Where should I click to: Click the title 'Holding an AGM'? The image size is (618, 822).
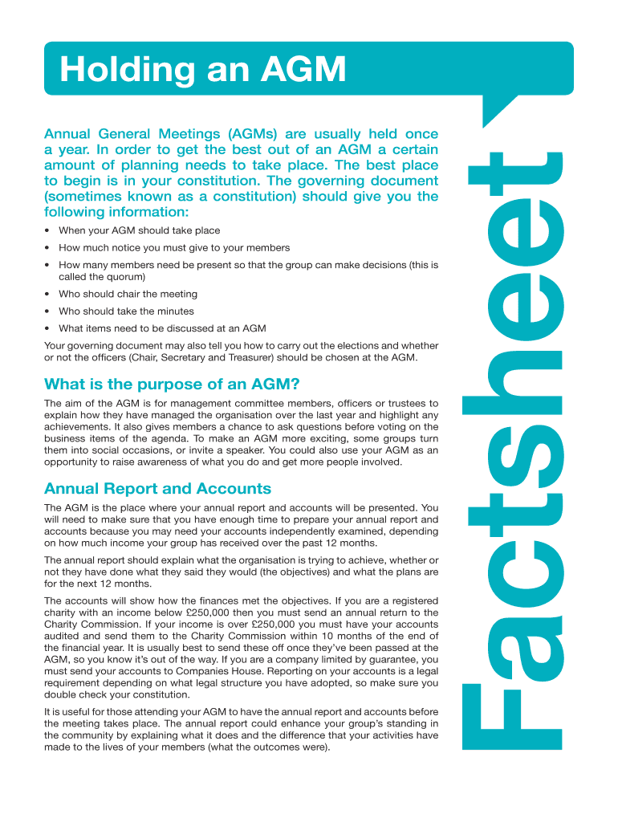tap(202, 70)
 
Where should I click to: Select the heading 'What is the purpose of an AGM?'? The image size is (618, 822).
tap(172, 384)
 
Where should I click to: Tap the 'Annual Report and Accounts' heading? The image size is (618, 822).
tap(157, 489)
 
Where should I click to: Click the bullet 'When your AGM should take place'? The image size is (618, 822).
tap(139, 230)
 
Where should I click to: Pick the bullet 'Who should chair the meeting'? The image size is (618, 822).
tap(128, 294)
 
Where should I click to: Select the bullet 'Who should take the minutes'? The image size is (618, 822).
tap(126, 311)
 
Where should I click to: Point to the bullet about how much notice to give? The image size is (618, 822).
tap(174, 247)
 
